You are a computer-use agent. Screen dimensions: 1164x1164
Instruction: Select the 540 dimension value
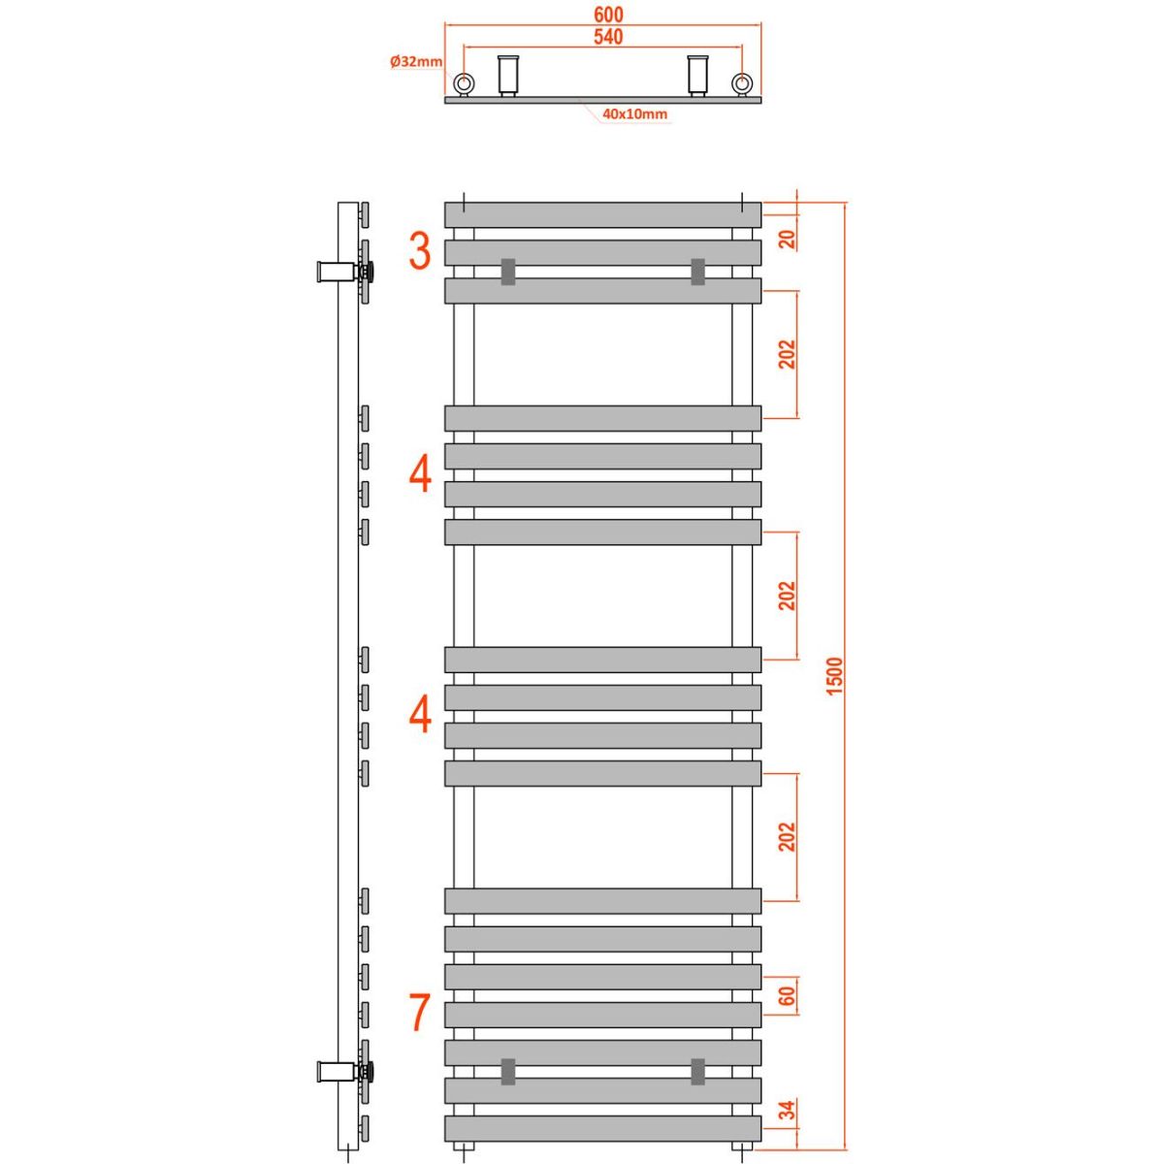tap(603, 37)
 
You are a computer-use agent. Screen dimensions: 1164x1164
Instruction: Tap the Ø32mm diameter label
tap(416, 62)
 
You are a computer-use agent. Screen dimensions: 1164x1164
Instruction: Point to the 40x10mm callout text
tap(634, 114)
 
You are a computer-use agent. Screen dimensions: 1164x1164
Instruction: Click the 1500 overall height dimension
tap(837, 675)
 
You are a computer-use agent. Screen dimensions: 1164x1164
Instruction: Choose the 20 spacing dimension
tap(788, 239)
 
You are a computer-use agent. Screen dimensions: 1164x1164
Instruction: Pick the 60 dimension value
tap(788, 995)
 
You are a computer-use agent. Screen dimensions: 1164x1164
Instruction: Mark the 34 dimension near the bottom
tap(788, 1109)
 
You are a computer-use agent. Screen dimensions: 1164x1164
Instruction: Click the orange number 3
tap(419, 251)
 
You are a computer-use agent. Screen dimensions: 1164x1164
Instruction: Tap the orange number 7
tap(419, 1013)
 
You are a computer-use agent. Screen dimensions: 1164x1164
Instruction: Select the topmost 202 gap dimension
tap(788, 354)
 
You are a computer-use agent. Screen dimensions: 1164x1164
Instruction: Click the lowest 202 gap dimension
tap(788, 837)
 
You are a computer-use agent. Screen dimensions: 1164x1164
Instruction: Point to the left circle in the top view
tap(465, 83)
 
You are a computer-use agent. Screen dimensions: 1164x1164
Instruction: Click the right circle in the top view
tap(742, 83)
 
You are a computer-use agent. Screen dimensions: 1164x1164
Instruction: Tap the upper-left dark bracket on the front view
tap(508, 271)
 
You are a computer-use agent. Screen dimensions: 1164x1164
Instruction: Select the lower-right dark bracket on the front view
tap(697, 1071)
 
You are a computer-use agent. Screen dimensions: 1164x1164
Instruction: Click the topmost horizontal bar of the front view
tap(603, 214)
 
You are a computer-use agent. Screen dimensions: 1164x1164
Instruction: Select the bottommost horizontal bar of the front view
tap(603, 1128)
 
